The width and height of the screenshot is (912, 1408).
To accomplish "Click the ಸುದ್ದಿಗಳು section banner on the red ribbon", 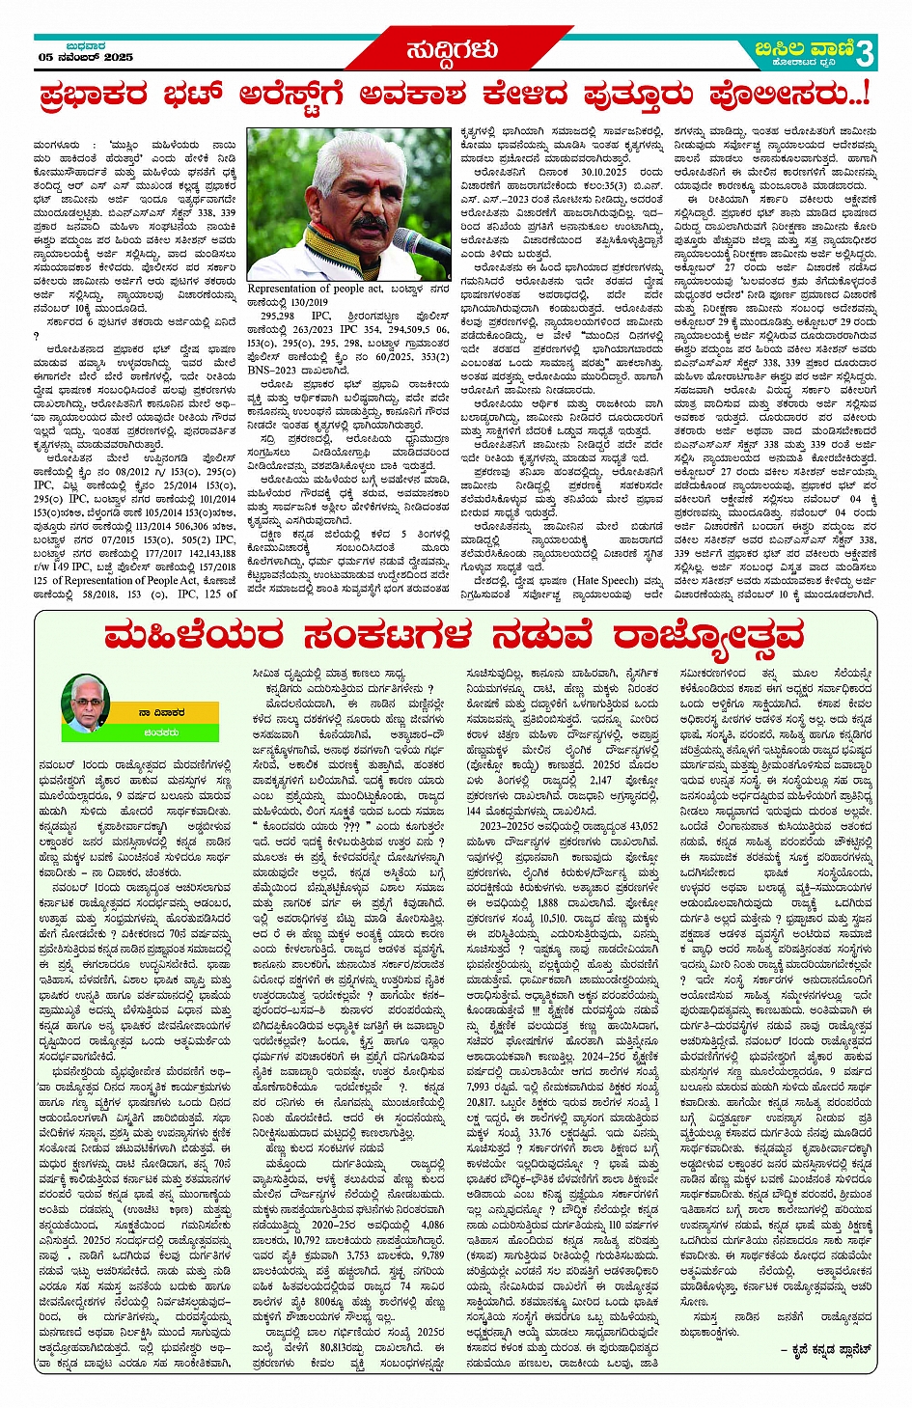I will coord(453,49).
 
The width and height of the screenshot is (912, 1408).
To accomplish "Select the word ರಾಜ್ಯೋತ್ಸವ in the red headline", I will coord(708,636).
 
